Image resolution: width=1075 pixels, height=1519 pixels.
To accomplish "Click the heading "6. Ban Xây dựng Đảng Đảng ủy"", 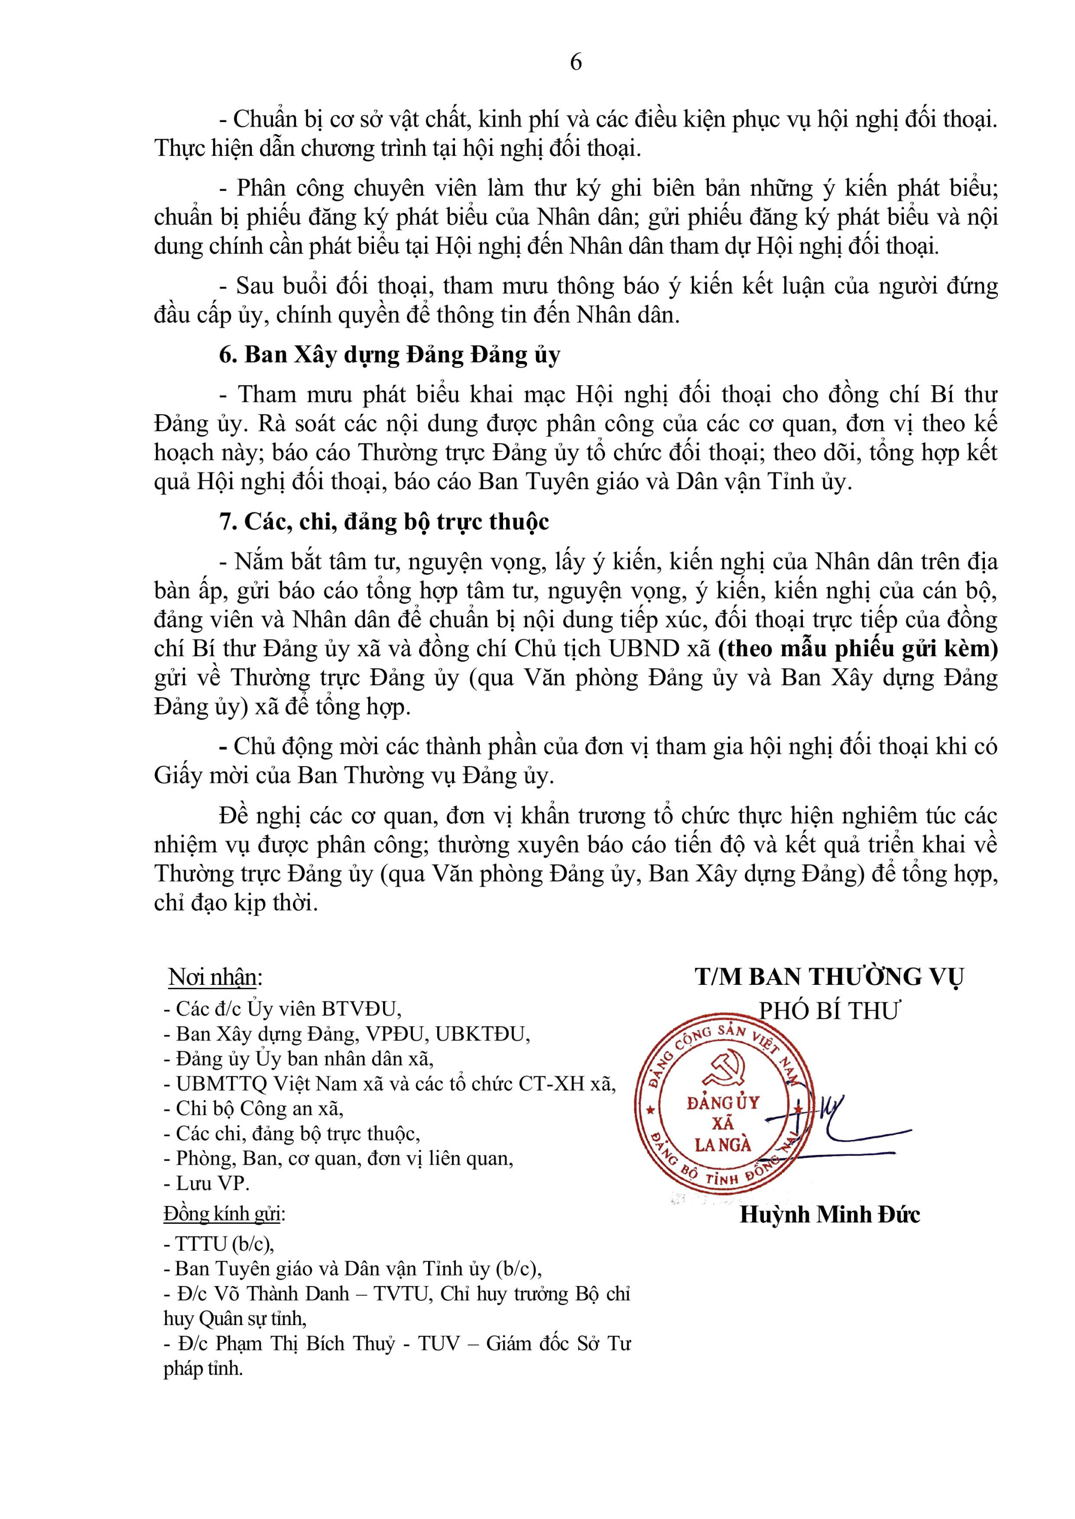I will tap(389, 355).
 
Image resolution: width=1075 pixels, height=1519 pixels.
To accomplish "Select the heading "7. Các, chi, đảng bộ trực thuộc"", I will tap(384, 522).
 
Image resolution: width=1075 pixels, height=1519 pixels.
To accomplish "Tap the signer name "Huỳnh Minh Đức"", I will tap(829, 1215).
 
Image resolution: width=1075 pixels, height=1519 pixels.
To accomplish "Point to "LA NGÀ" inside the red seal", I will tap(723, 1144).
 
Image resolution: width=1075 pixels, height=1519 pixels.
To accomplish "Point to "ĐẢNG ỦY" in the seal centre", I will tap(723, 1103).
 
